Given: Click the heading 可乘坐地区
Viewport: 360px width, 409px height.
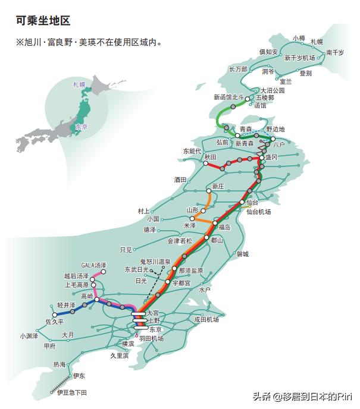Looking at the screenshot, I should coord(43,21).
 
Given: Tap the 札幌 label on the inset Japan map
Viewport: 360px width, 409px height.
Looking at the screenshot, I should coord(79,85).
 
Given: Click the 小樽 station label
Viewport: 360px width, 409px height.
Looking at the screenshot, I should coord(299,38).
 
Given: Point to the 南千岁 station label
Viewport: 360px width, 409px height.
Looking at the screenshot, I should coord(335,53).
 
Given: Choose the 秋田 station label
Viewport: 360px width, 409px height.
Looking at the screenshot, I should coord(210,157).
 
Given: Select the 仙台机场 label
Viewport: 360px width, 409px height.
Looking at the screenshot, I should coord(259,212).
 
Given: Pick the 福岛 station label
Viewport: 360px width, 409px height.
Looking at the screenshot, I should coord(225,227).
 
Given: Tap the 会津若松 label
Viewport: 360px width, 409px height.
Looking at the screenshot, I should coord(180,241).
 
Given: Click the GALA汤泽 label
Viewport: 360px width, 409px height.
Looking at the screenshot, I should coord(94,265).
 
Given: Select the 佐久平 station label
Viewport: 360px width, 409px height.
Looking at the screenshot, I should coord(54,322).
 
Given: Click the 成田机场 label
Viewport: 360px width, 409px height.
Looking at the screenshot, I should coord(206,320).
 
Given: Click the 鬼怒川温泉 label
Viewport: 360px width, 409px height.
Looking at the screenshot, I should coord(155,262).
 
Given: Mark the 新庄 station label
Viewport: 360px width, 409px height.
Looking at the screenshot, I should coord(217,186).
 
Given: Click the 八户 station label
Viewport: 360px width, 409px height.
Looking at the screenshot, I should coord(279,144).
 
